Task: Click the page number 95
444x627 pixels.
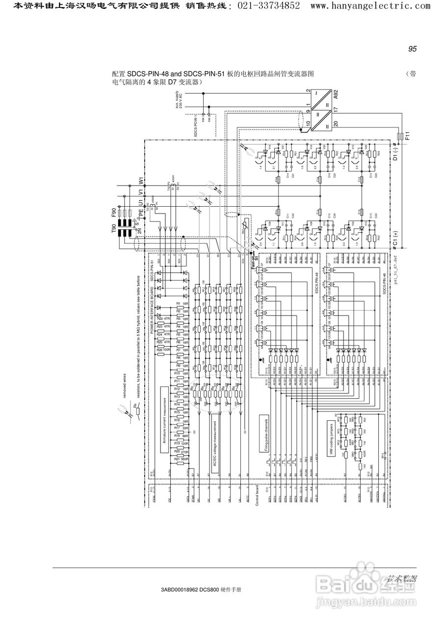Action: (412, 49)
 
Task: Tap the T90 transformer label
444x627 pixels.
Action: (115, 229)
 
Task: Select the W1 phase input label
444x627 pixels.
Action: (141, 181)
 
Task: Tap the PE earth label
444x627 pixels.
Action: (141, 213)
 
